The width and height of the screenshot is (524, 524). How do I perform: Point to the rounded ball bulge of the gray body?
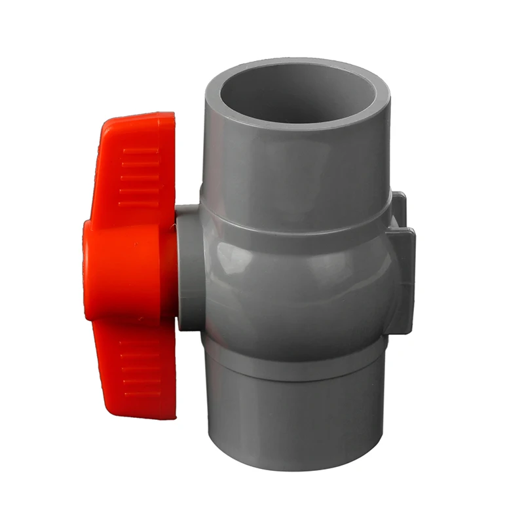click(x=295, y=282)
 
